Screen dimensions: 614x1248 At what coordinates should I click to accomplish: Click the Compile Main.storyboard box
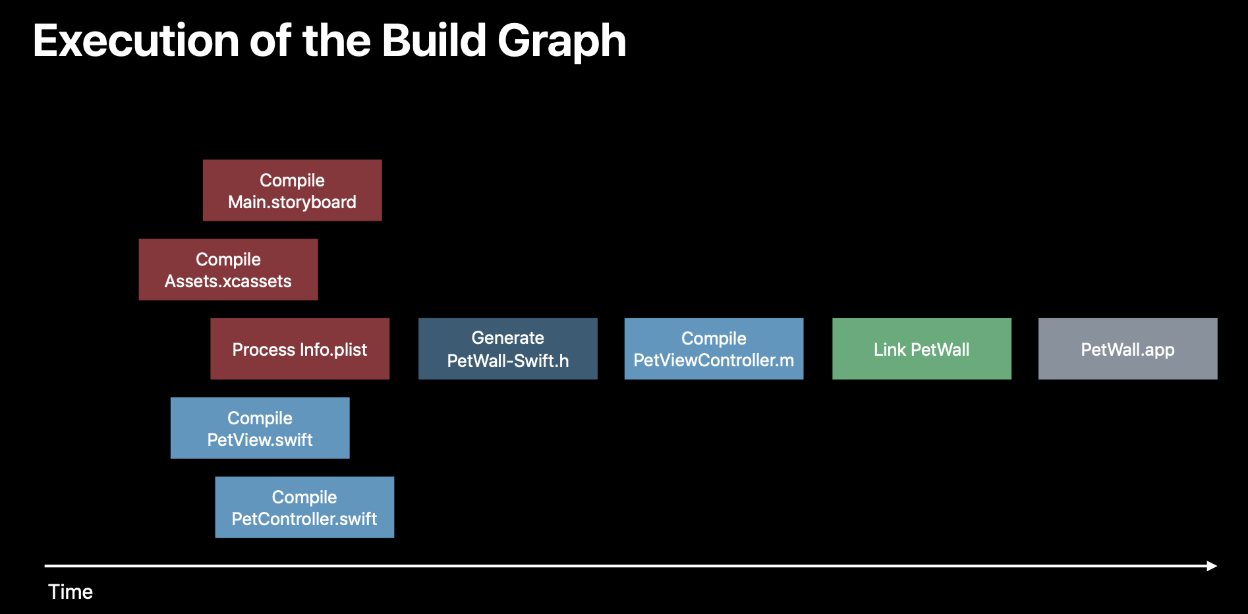(292, 190)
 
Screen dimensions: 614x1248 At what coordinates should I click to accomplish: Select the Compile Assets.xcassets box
(228, 269)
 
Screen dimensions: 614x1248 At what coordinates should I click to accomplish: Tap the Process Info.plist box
(300, 349)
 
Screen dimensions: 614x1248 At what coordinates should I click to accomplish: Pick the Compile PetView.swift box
(260, 428)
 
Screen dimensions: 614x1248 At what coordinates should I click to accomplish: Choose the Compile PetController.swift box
(304, 507)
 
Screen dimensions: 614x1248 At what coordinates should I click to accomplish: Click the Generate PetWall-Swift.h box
(507, 349)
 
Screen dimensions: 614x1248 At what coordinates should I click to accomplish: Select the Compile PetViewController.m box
(714, 349)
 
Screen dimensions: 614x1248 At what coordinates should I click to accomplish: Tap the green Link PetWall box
(921, 349)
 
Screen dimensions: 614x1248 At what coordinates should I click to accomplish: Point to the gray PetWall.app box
(1127, 349)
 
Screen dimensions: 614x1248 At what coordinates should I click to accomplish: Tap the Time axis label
(71, 592)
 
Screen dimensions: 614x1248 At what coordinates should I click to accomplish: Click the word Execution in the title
(136, 41)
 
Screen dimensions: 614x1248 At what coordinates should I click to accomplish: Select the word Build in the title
(434, 41)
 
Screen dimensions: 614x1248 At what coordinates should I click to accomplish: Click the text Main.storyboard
(292, 202)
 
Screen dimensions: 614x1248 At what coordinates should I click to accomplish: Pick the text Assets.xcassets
(228, 281)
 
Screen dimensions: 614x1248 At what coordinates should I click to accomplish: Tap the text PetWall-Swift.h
(507, 361)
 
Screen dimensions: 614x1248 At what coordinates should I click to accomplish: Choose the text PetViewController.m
(714, 360)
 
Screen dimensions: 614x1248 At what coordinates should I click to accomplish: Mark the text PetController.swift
(304, 519)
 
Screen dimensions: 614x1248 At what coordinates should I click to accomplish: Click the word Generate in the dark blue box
(507, 338)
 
